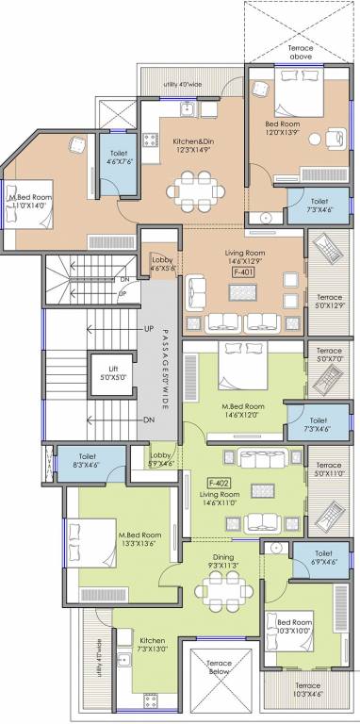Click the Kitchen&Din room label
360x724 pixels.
(x=192, y=142)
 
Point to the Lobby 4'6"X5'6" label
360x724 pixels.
(x=161, y=263)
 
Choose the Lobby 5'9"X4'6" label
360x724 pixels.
(x=161, y=459)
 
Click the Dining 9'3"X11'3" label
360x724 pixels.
(x=223, y=563)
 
